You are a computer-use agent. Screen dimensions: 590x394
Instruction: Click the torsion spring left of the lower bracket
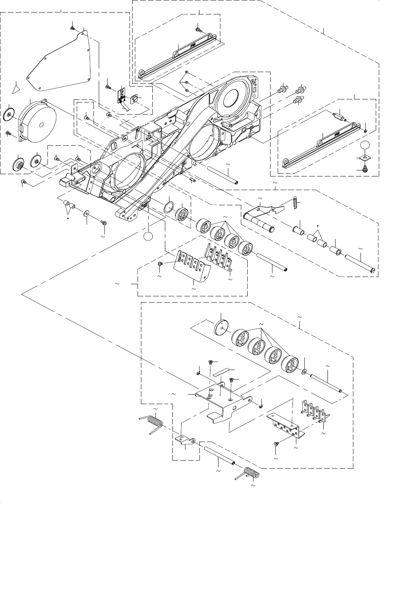pyautogui.click(x=153, y=423)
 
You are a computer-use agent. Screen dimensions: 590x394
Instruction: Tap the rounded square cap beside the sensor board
pyautogui.click(x=134, y=99)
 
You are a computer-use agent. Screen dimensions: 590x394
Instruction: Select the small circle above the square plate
pyautogui.click(x=365, y=145)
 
